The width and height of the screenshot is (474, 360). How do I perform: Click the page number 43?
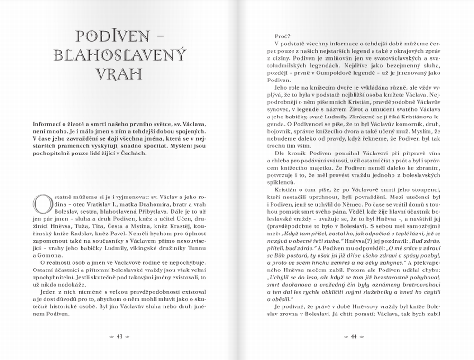[119, 337]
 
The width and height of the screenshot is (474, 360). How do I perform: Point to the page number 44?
[353, 337]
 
